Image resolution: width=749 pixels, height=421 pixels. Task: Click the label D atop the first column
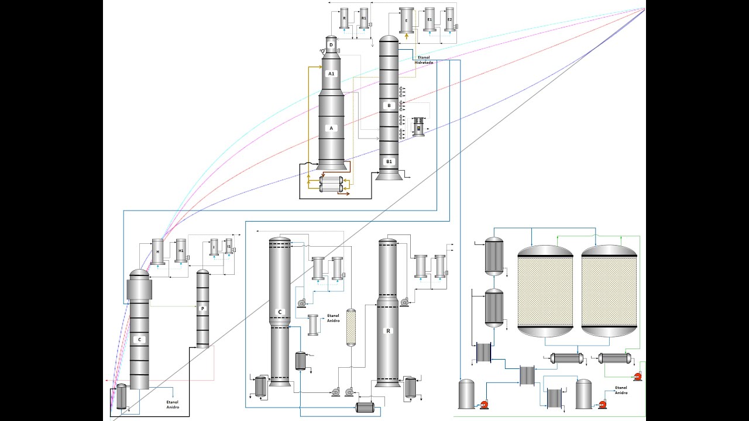[x=331, y=44]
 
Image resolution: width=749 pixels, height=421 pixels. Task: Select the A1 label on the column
[x=331, y=74]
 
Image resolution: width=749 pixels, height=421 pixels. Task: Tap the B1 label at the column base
[x=389, y=161]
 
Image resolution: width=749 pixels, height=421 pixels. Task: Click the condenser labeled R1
[x=364, y=19]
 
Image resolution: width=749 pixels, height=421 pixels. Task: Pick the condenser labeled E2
[x=449, y=20]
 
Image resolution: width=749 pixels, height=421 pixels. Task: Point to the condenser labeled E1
[x=430, y=20]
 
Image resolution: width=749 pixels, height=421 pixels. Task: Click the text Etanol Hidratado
[x=424, y=60]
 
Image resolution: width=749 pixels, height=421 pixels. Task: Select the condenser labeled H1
[x=181, y=251]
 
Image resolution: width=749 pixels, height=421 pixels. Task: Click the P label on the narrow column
[x=202, y=309]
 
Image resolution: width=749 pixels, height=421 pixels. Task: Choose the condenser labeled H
[x=157, y=251]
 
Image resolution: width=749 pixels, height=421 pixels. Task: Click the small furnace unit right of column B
[x=418, y=127]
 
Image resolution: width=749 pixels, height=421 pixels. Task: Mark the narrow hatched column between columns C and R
[x=351, y=327]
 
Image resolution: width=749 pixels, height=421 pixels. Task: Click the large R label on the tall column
[x=387, y=330]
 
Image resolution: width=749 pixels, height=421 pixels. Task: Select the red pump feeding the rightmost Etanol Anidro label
[x=602, y=404]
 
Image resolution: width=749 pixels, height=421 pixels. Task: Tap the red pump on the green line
[x=637, y=377]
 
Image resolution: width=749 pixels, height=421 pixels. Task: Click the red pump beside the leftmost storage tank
[x=484, y=404]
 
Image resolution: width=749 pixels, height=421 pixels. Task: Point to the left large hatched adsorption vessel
[x=545, y=291]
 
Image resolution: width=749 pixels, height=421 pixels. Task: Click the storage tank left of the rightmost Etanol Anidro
[x=583, y=394]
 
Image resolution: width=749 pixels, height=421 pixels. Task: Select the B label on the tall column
[x=389, y=106]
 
